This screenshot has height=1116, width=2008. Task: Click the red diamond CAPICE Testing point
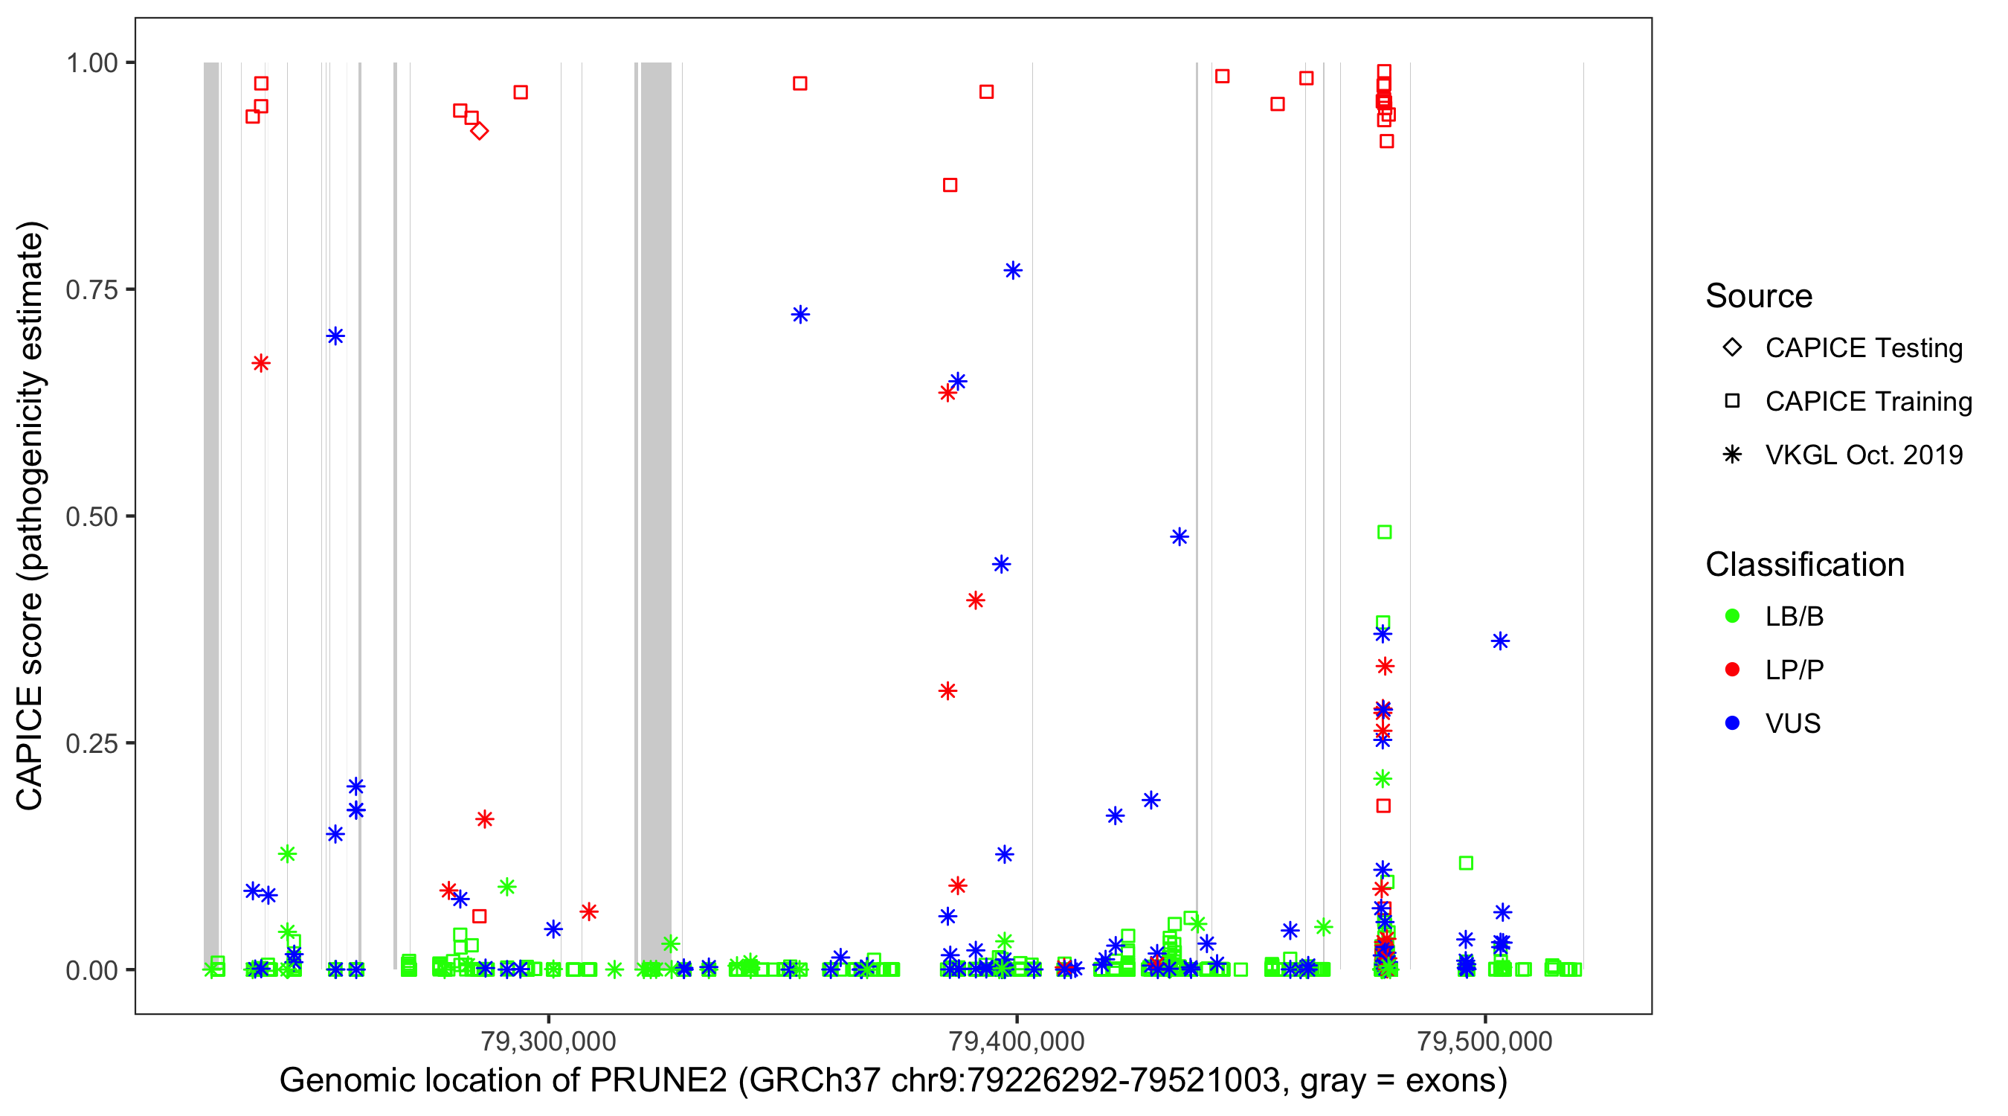(480, 131)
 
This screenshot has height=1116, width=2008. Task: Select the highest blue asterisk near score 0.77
(1013, 271)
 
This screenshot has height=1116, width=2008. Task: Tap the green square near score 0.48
(1384, 532)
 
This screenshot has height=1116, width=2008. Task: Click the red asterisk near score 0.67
(261, 363)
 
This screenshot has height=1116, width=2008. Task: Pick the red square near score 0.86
(950, 185)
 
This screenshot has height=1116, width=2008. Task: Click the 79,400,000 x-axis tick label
(1017, 1041)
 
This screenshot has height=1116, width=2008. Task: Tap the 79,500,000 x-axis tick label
(1485, 1041)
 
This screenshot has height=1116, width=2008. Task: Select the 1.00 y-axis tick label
(91, 63)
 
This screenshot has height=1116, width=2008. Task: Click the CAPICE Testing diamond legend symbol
(1732, 347)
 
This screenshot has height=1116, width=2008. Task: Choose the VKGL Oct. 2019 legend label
(1864, 455)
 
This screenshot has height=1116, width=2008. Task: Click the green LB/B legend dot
(1732, 616)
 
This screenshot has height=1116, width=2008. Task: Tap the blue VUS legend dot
(1732, 723)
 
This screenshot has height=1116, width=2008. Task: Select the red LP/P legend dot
(1732, 670)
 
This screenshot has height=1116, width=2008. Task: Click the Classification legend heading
(1804, 565)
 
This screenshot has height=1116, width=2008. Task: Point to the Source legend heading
(1759, 296)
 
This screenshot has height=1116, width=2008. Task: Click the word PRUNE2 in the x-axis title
(658, 1081)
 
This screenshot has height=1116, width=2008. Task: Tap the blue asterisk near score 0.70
(335, 336)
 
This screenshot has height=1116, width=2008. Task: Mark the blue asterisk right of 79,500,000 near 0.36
(1501, 641)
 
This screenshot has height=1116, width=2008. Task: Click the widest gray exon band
(655, 515)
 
